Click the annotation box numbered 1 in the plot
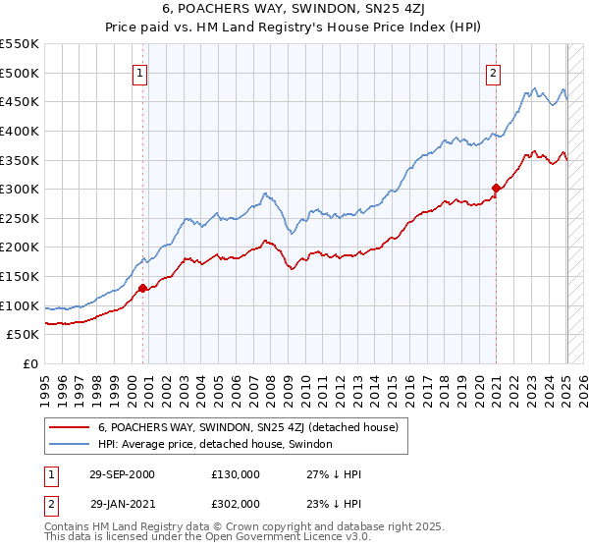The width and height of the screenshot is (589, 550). [x=139, y=72]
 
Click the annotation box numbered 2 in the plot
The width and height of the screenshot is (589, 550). [x=492, y=72]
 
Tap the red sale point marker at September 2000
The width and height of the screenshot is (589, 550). [x=142, y=288]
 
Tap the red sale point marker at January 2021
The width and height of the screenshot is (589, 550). [x=496, y=188]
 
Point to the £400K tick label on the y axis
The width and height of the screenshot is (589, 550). [x=22, y=131]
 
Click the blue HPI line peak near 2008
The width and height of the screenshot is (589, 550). [x=265, y=192]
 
